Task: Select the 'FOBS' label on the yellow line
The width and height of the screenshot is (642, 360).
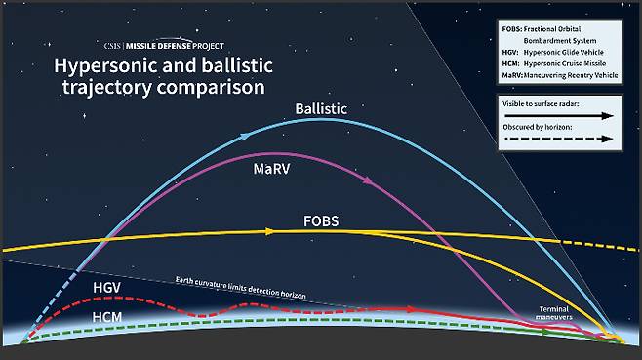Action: click(x=321, y=221)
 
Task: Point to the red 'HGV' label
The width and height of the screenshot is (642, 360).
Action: click(x=108, y=288)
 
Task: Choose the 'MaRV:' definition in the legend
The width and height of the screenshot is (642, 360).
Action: click(x=511, y=73)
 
